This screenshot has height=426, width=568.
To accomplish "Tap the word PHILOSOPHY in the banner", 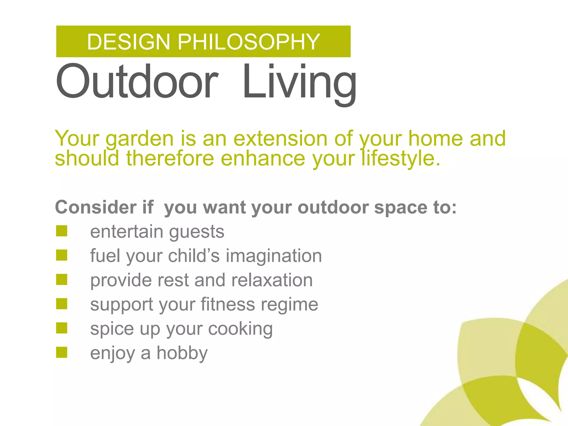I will (x=249, y=42).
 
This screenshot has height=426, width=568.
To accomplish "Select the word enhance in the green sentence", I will (x=263, y=159).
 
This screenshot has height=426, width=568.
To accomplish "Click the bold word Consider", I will (x=96, y=207).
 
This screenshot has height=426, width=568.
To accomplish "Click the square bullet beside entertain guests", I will (x=62, y=231).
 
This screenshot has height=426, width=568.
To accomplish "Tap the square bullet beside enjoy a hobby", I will (x=62, y=353).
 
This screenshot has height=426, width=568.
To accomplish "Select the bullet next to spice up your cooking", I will (x=62, y=328).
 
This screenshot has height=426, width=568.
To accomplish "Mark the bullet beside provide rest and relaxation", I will (x=62, y=280).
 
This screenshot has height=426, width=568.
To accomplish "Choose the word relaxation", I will (x=272, y=280).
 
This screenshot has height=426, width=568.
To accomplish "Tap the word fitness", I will (x=227, y=304).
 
